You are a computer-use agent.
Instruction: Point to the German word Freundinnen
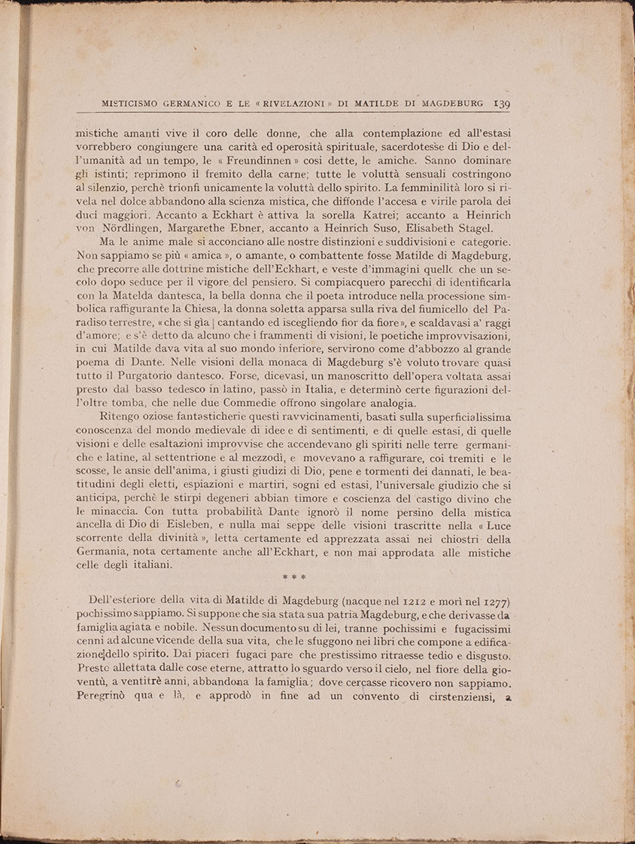pos(324,161)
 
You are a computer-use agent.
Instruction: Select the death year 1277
pos(492,599)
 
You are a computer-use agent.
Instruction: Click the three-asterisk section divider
pos(293,577)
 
